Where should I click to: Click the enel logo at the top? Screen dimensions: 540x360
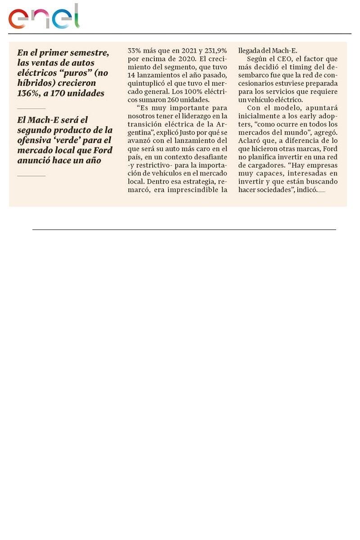pyautogui.click(x=44, y=17)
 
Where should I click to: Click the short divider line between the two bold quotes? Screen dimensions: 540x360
pyautogui.click(x=31, y=108)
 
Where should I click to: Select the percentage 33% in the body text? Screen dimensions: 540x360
pyautogui.click(x=135, y=51)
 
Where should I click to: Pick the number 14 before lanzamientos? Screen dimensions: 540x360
pyautogui.click(x=132, y=75)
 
